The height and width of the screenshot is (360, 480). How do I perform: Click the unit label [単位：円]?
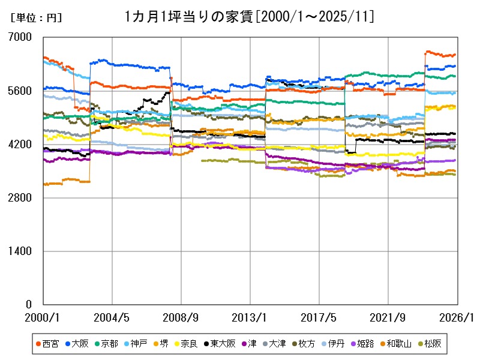(36, 18)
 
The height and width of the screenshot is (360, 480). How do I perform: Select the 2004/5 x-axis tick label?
(112, 317)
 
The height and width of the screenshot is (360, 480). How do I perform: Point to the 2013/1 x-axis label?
(250, 317)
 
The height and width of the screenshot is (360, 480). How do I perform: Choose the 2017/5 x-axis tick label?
(319, 317)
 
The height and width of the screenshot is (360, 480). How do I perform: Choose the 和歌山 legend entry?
(398, 344)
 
